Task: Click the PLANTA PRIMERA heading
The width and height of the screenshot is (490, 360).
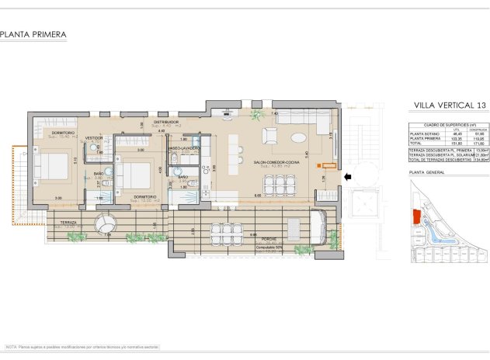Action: (x=33, y=34)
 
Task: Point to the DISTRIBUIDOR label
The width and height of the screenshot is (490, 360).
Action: (x=166, y=123)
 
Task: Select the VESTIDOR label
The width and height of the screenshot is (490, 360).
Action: (x=94, y=138)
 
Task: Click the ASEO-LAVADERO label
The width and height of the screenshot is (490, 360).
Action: (x=185, y=147)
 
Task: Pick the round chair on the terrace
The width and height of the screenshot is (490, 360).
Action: (x=105, y=224)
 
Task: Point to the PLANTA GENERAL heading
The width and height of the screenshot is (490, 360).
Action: (x=427, y=172)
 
